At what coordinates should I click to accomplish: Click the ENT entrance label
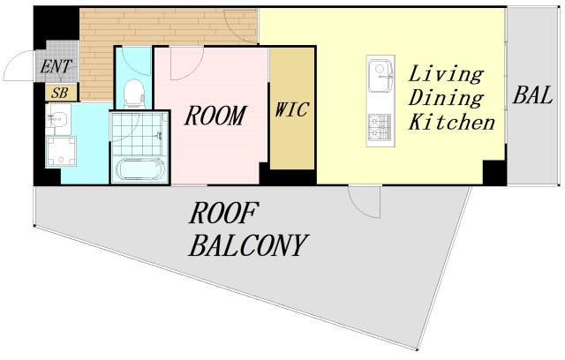click(x=56, y=66)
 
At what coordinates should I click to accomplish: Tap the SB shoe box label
click(x=60, y=93)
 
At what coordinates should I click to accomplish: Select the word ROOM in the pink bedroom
click(x=215, y=116)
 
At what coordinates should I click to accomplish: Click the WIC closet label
click(x=292, y=109)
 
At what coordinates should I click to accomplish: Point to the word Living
click(x=446, y=74)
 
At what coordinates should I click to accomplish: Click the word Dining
click(x=446, y=98)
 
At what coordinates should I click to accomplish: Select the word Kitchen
click(x=452, y=122)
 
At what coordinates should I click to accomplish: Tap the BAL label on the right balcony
click(x=532, y=95)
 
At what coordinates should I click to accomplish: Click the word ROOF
click(x=223, y=214)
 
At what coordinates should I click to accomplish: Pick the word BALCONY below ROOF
click(x=249, y=245)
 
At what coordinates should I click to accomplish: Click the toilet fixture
click(x=133, y=94)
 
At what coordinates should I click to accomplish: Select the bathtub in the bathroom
click(x=139, y=169)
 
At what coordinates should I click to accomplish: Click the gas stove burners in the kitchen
click(x=380, y=128)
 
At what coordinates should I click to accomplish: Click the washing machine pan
click(x=61, y=151)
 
